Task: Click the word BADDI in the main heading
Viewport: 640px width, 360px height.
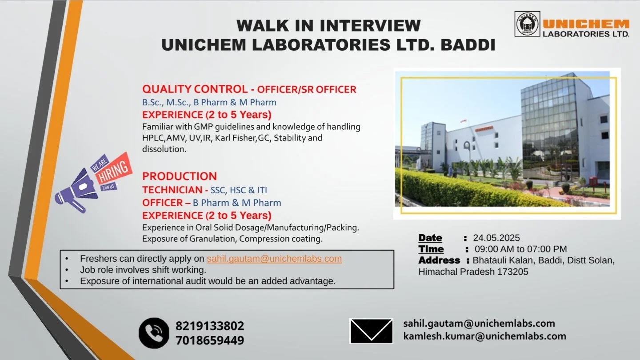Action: pos(468,45)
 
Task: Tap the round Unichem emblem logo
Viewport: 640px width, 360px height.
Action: pos(527,24)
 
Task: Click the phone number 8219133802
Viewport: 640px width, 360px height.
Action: pos(210,326)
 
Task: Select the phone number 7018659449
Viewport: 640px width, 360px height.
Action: pos(210,340)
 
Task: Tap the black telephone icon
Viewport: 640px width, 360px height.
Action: pos(154,333)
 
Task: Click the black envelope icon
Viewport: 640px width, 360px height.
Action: pos(371,331)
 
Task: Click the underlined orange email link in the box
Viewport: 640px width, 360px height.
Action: pos(274,259)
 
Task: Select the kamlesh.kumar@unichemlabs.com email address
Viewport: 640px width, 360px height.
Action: pos(484,336)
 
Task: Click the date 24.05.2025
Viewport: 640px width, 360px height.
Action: pos(496,238)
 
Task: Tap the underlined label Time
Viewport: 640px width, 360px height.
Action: pos(431,249)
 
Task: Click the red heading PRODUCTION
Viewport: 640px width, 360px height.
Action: pos(180,176)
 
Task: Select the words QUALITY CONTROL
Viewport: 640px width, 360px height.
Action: pos(195,89)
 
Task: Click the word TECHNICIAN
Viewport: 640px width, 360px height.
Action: pos(172,190)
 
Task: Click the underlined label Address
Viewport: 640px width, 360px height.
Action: pos(439,260)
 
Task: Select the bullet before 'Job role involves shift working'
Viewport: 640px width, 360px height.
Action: pos(67,270)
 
